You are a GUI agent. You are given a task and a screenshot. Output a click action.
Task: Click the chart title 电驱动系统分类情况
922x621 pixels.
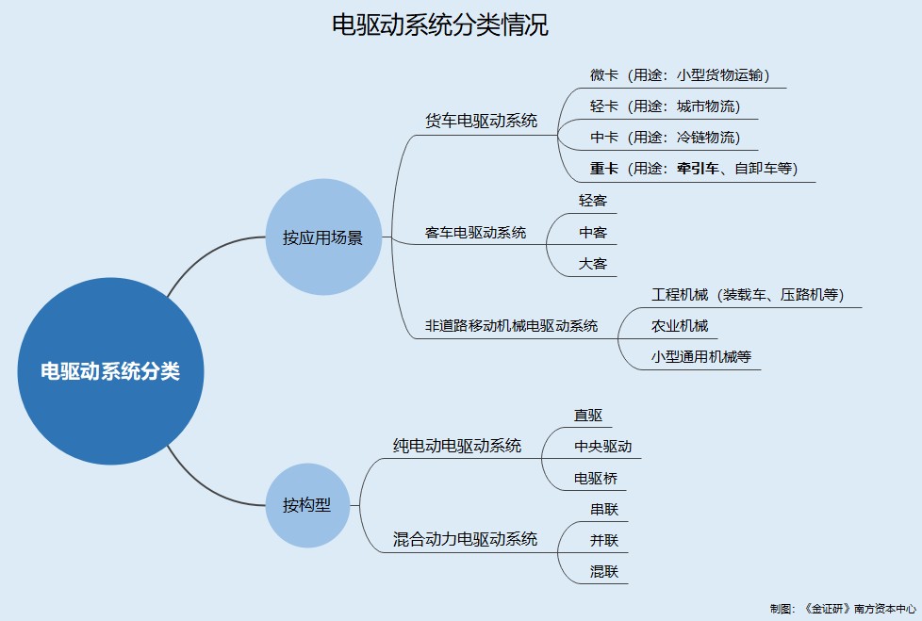440,25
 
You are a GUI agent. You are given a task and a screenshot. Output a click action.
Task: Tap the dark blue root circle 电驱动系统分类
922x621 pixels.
110,371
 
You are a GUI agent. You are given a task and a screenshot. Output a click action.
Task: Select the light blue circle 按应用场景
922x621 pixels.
323,237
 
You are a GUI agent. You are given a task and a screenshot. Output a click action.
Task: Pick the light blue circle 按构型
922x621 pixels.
307,505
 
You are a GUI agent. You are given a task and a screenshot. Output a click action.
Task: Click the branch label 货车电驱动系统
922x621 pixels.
481,121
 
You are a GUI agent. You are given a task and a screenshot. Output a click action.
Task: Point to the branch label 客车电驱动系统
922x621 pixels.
475,233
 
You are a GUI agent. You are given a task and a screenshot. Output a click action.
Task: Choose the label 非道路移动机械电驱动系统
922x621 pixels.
511,325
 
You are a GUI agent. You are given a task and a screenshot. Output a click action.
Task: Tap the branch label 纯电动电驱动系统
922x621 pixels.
457,446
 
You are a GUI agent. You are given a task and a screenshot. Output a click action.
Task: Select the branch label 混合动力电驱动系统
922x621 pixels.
465,539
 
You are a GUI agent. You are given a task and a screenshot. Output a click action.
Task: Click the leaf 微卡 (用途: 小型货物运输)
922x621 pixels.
680,75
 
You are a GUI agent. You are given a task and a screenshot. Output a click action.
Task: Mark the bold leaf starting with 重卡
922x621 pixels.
694,169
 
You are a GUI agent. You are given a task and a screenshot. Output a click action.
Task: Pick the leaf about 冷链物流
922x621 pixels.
665,138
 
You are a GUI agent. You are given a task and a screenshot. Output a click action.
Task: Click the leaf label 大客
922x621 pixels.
592,264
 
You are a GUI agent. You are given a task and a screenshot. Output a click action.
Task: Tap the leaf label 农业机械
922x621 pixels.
679,326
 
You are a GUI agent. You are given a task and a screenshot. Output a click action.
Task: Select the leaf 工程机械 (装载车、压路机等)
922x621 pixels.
748,295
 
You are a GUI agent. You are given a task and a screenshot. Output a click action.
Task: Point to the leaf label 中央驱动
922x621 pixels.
602,447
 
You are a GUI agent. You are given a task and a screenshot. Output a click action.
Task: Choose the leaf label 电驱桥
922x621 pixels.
596,478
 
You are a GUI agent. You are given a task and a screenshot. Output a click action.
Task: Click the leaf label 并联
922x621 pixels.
604,541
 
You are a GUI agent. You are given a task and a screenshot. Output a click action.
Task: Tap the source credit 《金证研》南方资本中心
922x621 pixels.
860,609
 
